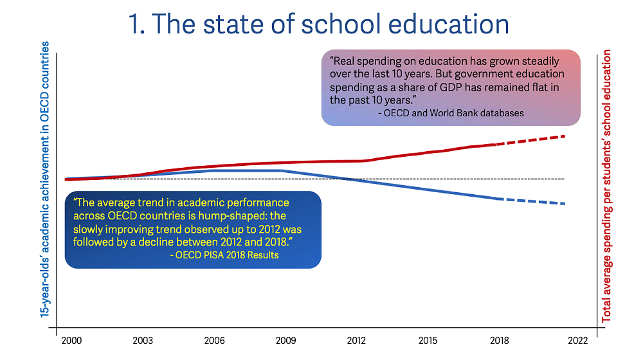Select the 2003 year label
coord(143,341)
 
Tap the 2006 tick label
coord(214,341)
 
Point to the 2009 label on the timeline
coord(285,341)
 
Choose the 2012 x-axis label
coord(356,341)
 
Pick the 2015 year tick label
coord(428,341)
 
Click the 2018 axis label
coord(498,341)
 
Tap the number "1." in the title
coord(140,24)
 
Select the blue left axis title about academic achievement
coord(45,180)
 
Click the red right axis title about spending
coord(606,186)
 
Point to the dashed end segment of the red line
coord(530,140)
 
